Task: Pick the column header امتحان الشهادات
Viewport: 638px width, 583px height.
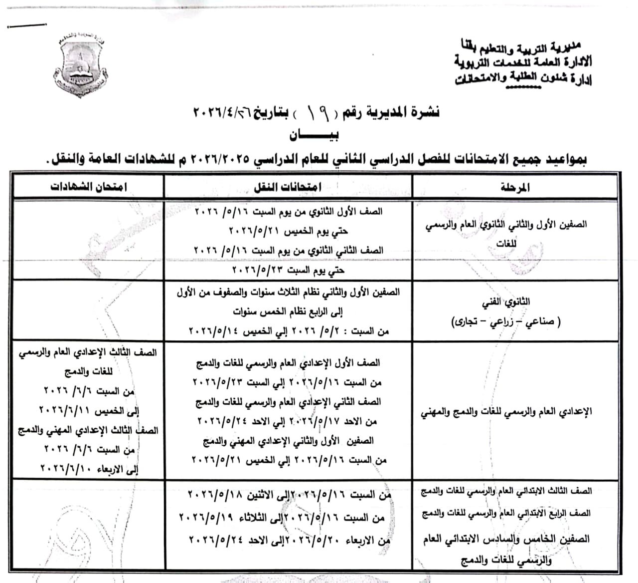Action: coord(89,187)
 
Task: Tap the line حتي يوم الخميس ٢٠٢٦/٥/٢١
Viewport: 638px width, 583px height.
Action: coord(288,231)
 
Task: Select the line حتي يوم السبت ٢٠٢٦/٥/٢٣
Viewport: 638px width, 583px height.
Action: coord(288,271)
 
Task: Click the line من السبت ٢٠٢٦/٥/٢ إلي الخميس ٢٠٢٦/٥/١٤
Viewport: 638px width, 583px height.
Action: coord(289,331)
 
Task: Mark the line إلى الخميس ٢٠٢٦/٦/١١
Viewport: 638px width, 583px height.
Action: coord(89,411)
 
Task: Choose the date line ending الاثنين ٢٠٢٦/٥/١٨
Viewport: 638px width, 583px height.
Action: coord(289,496)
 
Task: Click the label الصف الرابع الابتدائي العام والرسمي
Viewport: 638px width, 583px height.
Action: coord(506,513)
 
